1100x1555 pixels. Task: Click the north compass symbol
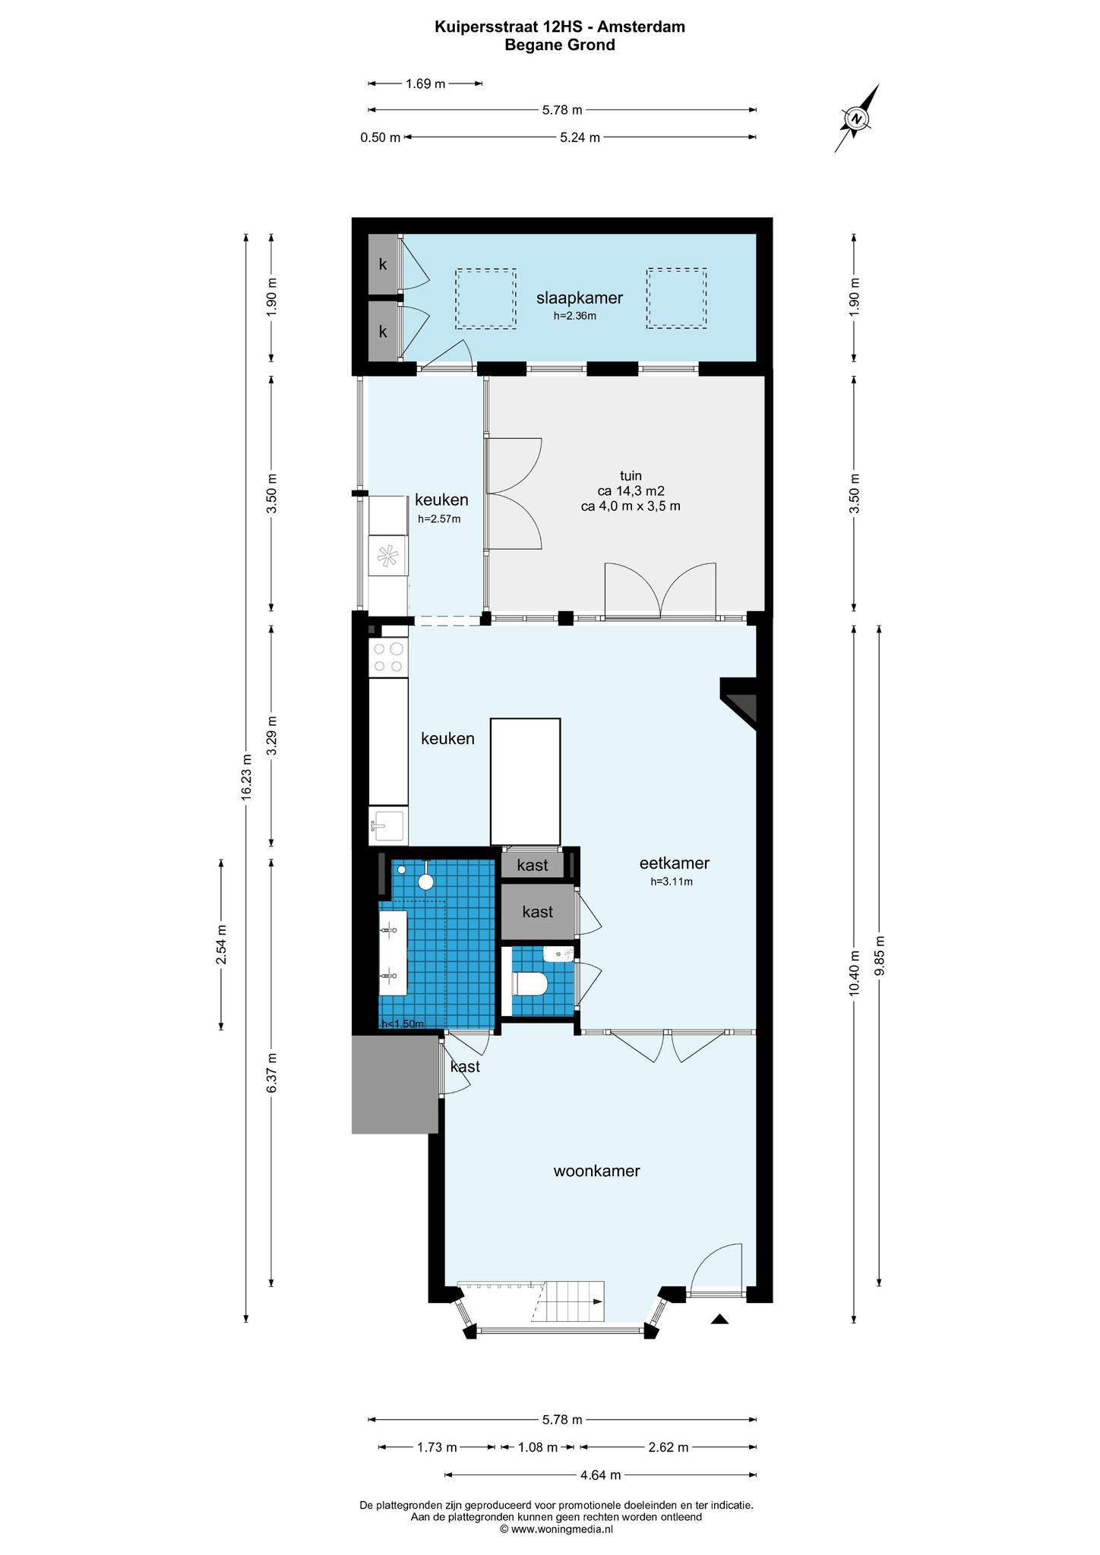857,118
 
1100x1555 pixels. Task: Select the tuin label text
631,476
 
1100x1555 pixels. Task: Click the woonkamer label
596,1171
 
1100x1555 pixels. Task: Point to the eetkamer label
674,863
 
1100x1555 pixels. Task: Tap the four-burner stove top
388,658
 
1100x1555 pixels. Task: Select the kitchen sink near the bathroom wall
388,826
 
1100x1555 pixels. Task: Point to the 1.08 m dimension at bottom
538,1447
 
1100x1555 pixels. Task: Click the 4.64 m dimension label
601,1475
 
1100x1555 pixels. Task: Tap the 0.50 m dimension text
380,138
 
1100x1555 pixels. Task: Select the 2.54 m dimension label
221,945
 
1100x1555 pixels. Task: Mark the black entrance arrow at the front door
719,1320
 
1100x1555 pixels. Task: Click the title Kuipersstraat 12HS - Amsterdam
560,27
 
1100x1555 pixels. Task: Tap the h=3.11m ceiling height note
672,882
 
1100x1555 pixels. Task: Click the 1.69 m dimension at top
425,84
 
